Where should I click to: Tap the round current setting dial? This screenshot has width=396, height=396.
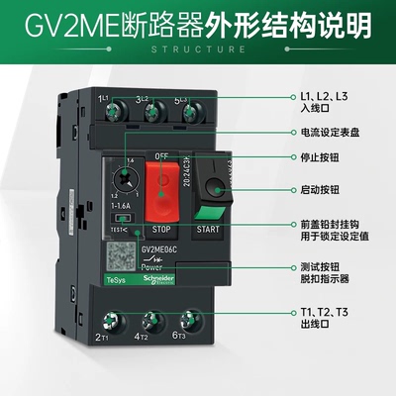coord(126,180)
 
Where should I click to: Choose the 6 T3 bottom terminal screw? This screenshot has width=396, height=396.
coord(185,323)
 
